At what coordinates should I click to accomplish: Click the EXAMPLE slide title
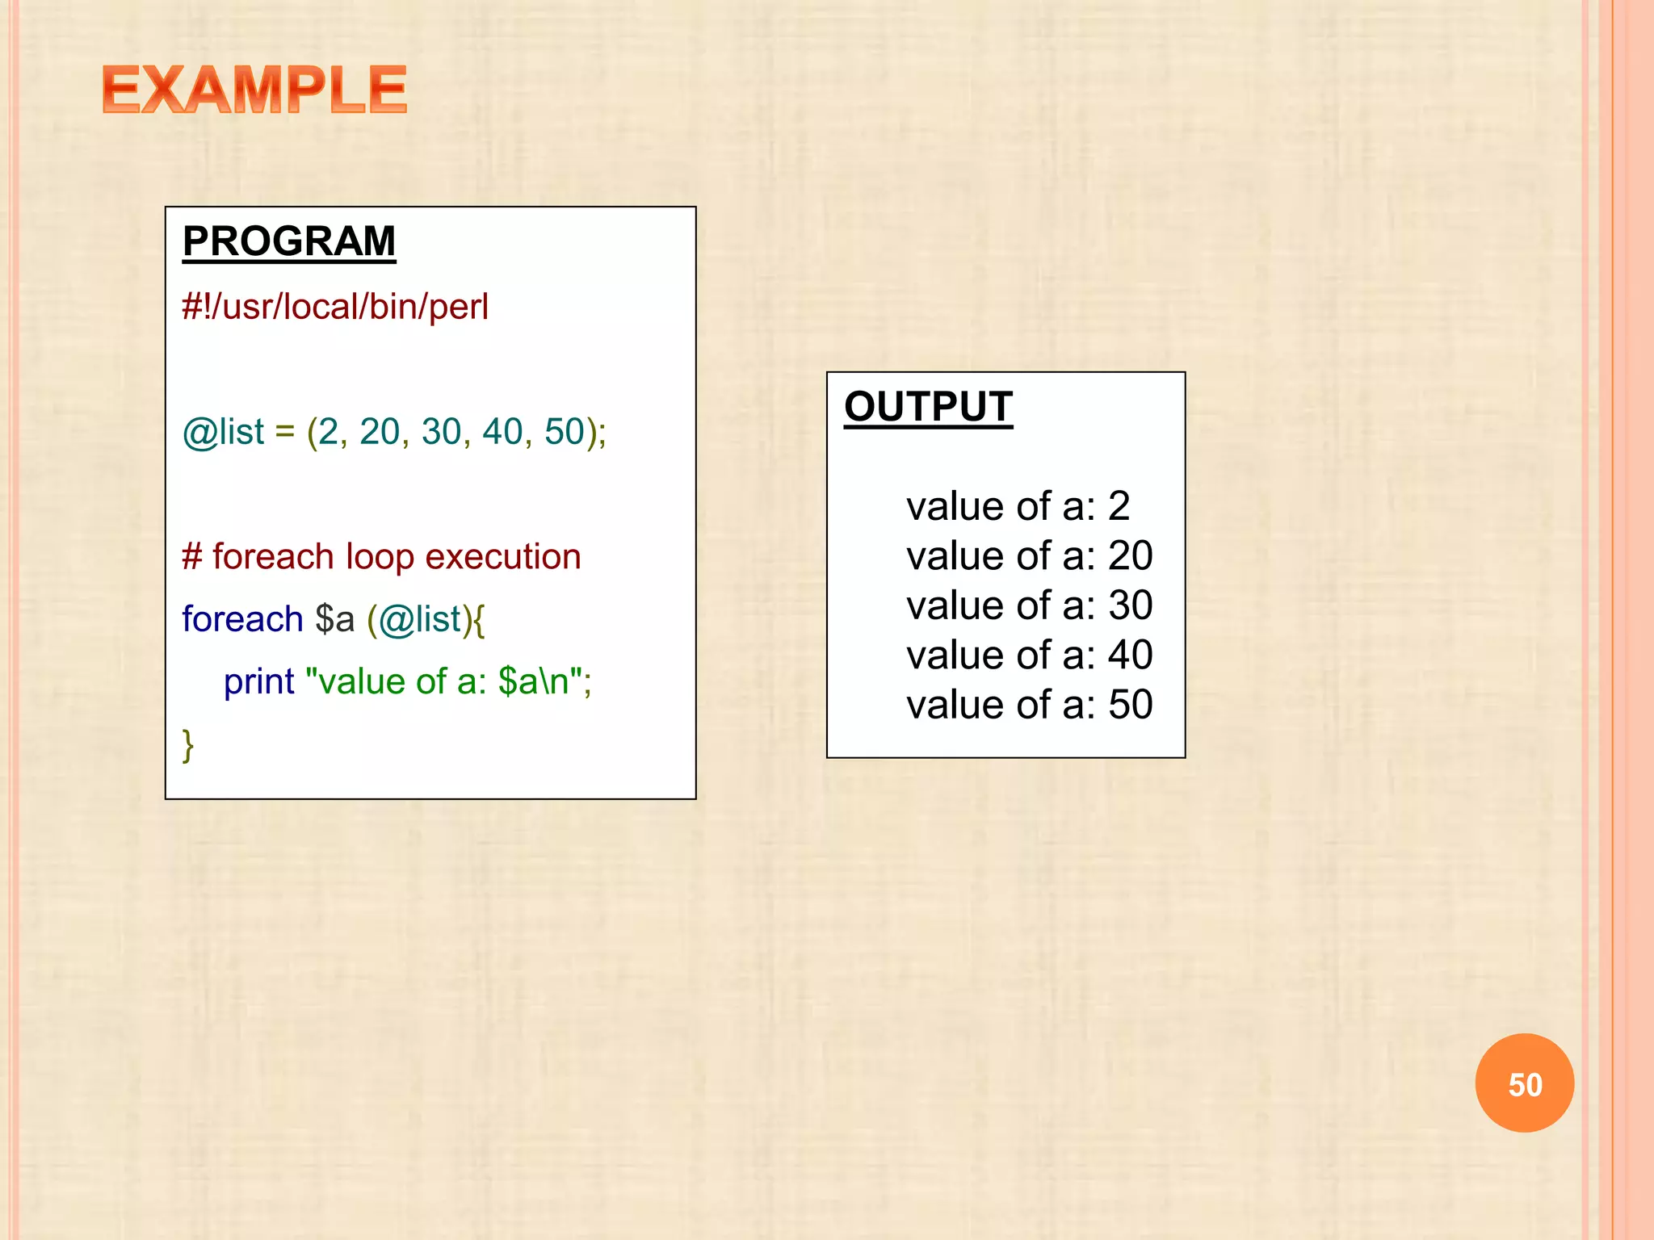pyautogui.click(x=254, y=90)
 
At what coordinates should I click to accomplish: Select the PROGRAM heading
pyautogui.click(x=289, y=241)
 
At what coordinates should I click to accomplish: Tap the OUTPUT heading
pyautogui.click(x=928, y=407)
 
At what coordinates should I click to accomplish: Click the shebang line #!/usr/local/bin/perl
pyautogui.click(x=335, y=308)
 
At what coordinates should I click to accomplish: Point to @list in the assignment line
pyautogui.click(x=224, y=432)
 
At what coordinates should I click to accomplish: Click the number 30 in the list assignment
pyautogui.click(x=441, y=432)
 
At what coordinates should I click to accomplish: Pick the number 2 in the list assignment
pyautogui.click(x=328, y=432)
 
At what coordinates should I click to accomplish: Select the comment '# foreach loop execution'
pyautogui.click(x=381, y=557)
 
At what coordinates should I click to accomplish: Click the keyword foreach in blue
pyautogui.click(x=242, y=619)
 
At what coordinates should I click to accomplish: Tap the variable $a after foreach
pyautogui.click(x=334, y=619)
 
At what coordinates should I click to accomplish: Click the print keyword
pyautogui.click(x=258, y=681)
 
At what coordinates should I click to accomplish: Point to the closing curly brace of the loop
pyautogui.click(x=188, y=744)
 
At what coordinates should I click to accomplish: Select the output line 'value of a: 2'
pyautogui.click(x=1018, y=507)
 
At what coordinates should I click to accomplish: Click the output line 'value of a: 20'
pyautogui.click(x=1029, y=556)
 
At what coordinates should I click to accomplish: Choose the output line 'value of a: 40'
pyautogui.click(x=1029, y=655)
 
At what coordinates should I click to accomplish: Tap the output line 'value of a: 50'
pyautogui.click(x=1029, y=705)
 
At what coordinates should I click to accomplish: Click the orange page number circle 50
pyautogui.click(x=1524, y=1083)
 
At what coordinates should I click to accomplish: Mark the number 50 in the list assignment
pyautogui.click(x=565, y=432)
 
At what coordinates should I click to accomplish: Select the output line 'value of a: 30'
pyautogui.click(x=1029, y=605)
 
